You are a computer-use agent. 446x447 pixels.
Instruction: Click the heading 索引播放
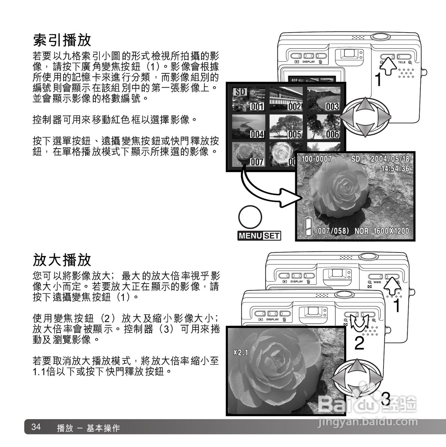[62, 40]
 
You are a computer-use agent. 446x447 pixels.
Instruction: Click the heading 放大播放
[62, 259]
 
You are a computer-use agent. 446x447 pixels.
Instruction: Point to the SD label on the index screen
[239, 92]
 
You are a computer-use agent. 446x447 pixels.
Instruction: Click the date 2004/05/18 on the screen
[389, 159]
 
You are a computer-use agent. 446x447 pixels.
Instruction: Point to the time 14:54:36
[395, 169]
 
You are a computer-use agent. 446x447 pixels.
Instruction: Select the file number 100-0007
[317, 159]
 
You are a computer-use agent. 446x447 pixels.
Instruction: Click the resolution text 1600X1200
[391, 231]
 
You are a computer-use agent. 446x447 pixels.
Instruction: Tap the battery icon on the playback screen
[307, 226]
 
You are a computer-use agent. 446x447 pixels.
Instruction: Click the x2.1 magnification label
[240, 353]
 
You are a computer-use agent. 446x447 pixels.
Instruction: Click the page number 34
[36, 427]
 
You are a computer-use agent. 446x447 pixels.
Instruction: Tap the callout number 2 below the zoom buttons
[359, 344]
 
